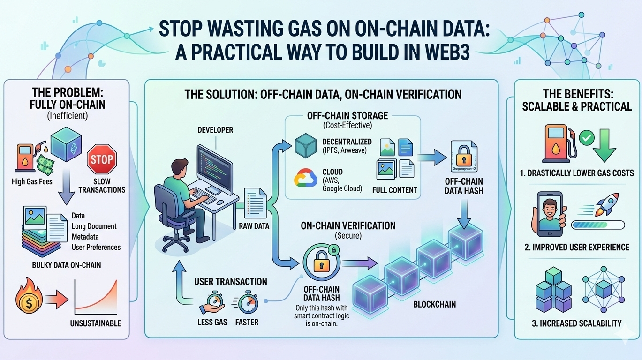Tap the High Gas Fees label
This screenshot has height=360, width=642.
tap(32, 181)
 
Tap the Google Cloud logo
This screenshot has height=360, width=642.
tap(305, 180)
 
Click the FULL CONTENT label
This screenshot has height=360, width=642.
tap(394, 190)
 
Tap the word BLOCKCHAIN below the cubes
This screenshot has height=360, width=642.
tap(434, 304)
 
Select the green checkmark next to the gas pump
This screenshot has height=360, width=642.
tap(586, 137)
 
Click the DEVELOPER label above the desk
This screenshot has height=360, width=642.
tap(216, 130)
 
